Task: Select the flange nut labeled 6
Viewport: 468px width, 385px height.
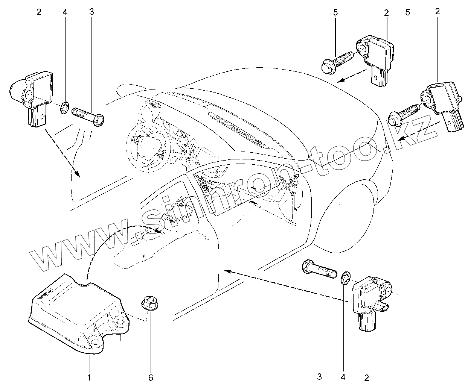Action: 149,303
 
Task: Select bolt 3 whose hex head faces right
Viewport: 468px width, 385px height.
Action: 88,115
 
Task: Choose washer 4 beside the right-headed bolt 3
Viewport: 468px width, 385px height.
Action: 64,108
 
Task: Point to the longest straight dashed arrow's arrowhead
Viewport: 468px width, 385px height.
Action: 226,270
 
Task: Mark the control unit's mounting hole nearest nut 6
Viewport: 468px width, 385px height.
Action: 122,321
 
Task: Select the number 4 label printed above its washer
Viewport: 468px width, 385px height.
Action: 65,12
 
